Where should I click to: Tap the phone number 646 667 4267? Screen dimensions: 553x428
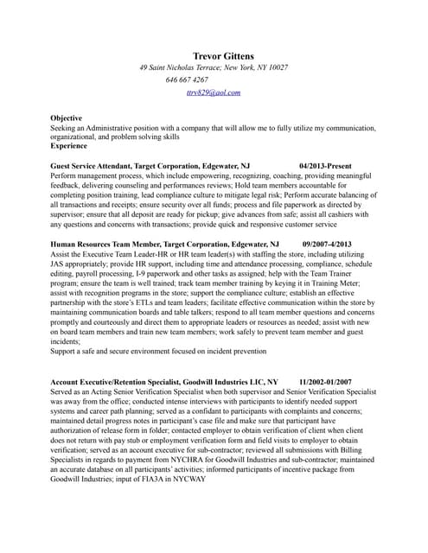click(x=187, y=79)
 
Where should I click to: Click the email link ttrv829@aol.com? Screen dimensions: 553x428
click(x=213, y=92)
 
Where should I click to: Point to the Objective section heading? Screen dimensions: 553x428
click(x=67, y=118)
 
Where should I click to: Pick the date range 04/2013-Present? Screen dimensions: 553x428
click(x=326, y=164)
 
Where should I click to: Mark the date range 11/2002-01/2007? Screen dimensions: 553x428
click(x=325, y=381)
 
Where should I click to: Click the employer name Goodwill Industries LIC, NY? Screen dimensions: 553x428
click(x=239, y=381)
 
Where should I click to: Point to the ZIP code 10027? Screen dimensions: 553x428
click(x=277, y=67)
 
